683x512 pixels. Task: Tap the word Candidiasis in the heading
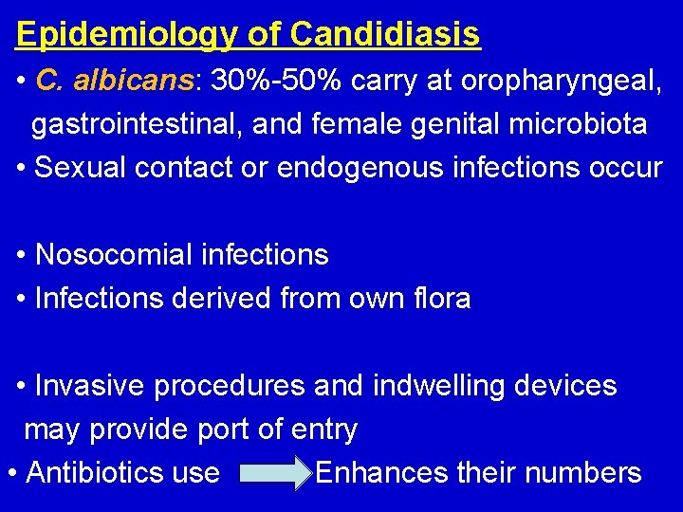click(x=385, y=35)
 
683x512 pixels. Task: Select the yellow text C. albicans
click(x=114, y=82)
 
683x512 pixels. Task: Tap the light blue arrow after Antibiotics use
click(x=277, y=472)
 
